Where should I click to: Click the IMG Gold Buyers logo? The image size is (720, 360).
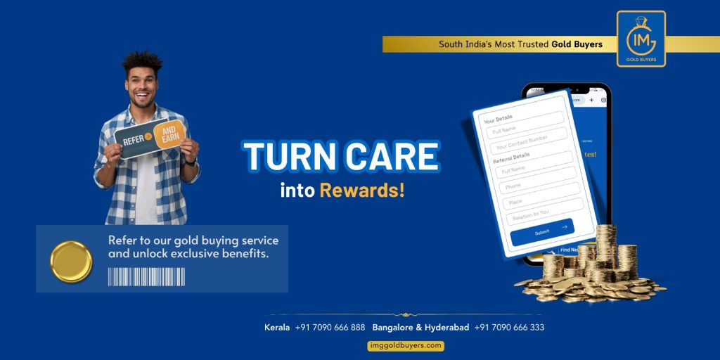click(x=641, y=39)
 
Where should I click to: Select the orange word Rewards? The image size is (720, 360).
click(x=362, y=190)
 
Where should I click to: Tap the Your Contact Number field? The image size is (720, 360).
click(x=529, y=139)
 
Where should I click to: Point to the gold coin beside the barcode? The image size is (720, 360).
click(x=71, y=262)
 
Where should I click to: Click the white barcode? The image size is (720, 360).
click(x=146, y=276)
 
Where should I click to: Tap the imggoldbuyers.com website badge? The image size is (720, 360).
click(x=406, y=345)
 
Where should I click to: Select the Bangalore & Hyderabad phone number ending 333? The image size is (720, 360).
click(x=509, y=327)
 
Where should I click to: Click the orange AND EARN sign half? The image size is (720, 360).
click(x=170, y=134)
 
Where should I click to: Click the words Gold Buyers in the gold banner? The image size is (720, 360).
click(x=577, y=44)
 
